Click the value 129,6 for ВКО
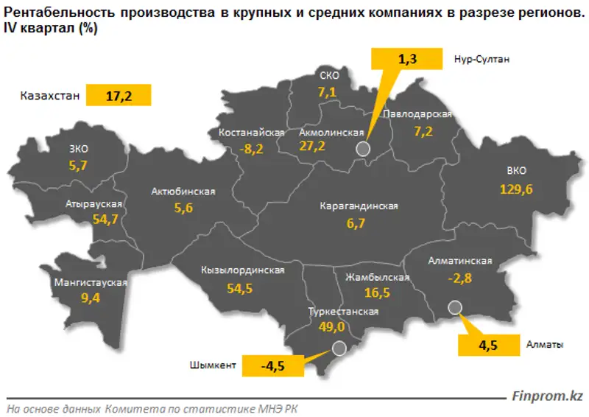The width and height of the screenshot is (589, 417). point(516,189)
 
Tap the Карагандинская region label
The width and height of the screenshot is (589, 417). point(359,206)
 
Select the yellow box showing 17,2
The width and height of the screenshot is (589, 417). point(119,96)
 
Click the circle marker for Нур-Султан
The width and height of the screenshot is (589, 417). point(362,149)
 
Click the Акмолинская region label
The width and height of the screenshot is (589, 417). point(333,133)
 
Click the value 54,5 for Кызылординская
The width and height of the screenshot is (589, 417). point(240,288)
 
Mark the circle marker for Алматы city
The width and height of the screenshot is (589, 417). point(454,307)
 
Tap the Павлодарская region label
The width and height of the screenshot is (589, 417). point(417,115)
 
